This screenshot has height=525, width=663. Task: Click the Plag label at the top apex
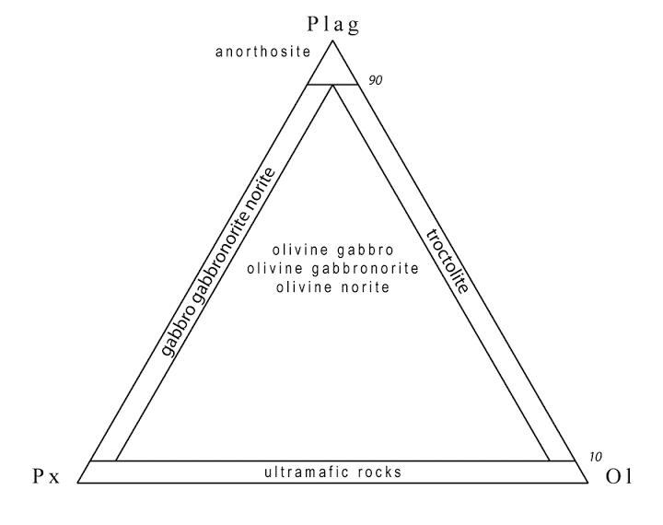(x=333, y=25)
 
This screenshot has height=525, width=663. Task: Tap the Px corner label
(x=47, y=477)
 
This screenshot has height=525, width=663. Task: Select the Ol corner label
(x=619, y=477)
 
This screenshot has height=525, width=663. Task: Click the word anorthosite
(x=263, y=52)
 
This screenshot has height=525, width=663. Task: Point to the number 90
(x=375, y=80)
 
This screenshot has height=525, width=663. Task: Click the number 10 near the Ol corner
(x=596, y=457)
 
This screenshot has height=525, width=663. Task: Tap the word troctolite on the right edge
(x=448, y=261)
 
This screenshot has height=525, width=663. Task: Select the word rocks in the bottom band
(x=379, y=472)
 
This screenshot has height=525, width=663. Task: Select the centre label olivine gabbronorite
(x=333, y=269)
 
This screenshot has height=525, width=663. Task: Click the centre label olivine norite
(x=333, y=287)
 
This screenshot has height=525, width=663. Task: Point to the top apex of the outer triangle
(x=332, y=41)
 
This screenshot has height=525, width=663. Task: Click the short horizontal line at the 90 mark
(x=332, y=85)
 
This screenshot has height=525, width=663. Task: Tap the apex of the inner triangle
(x=332, y=85)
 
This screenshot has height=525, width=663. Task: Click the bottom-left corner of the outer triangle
(x=78, y=483)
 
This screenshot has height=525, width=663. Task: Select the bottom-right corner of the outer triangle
(x=587, y=483)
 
